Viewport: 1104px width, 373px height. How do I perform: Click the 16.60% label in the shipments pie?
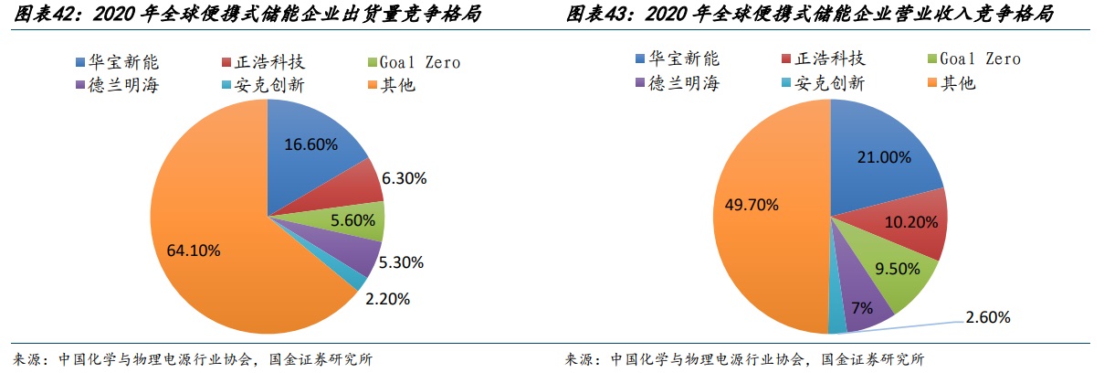pos(311,144)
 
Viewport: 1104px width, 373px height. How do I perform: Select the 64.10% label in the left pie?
pos(194,250)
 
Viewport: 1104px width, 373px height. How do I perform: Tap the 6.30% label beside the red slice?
pos(405,179)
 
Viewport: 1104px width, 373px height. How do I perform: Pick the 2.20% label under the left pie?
pos(386,299)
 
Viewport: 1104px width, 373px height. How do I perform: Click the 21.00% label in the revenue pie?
pos(885,156)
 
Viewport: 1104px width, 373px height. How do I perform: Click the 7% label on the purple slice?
pos(859,308)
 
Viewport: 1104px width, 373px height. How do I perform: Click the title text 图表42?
pos(37,16)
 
